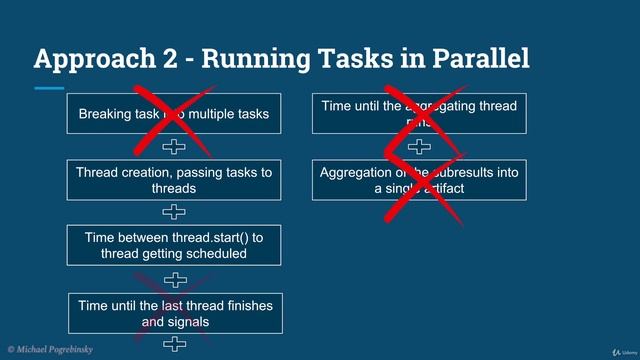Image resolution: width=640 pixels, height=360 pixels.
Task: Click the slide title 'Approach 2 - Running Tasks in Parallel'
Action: click(x=281, y=59)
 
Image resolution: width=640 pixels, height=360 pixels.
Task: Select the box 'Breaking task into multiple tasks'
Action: click(x=174, y=114)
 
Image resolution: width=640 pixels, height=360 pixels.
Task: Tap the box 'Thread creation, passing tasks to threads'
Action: click(x=174, y=180)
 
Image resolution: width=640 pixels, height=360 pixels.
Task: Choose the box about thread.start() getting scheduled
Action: click(x=174, y=245)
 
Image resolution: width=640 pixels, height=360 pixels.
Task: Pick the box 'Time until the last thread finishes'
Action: click(x=174, y=313)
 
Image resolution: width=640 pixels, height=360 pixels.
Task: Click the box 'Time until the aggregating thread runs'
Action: click(x=419, y=113)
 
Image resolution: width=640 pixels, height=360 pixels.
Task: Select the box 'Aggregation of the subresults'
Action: click(x=419, y=180)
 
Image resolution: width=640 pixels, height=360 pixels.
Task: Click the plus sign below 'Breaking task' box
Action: click(x=174, y=147)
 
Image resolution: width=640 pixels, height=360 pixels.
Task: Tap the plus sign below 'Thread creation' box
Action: click(x=174, y=212)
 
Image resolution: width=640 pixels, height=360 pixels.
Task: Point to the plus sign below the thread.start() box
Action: click(x=174, y=279)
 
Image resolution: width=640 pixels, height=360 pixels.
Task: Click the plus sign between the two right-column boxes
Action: click(x=419, y=147)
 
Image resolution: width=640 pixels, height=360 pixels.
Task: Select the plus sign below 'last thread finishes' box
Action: click(x=174, y=345)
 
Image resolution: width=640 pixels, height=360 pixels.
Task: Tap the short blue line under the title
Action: click(x=48, y=88)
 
